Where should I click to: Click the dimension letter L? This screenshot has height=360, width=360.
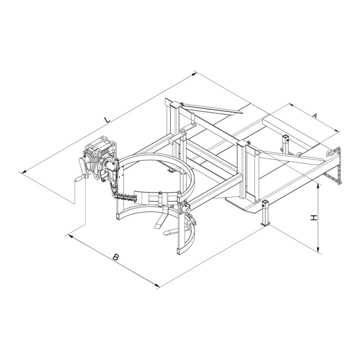point(107,119)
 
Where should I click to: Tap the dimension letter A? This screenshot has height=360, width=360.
point(315,115)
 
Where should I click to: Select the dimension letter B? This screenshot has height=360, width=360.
point(116,257)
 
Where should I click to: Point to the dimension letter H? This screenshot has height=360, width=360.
point(313,217)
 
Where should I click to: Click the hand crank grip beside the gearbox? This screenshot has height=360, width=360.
point(79,178)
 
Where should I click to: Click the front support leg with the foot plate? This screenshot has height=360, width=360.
point(265,212)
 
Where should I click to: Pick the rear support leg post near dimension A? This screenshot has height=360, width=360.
point(285,142)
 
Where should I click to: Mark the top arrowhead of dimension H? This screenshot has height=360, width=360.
point(318,185)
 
